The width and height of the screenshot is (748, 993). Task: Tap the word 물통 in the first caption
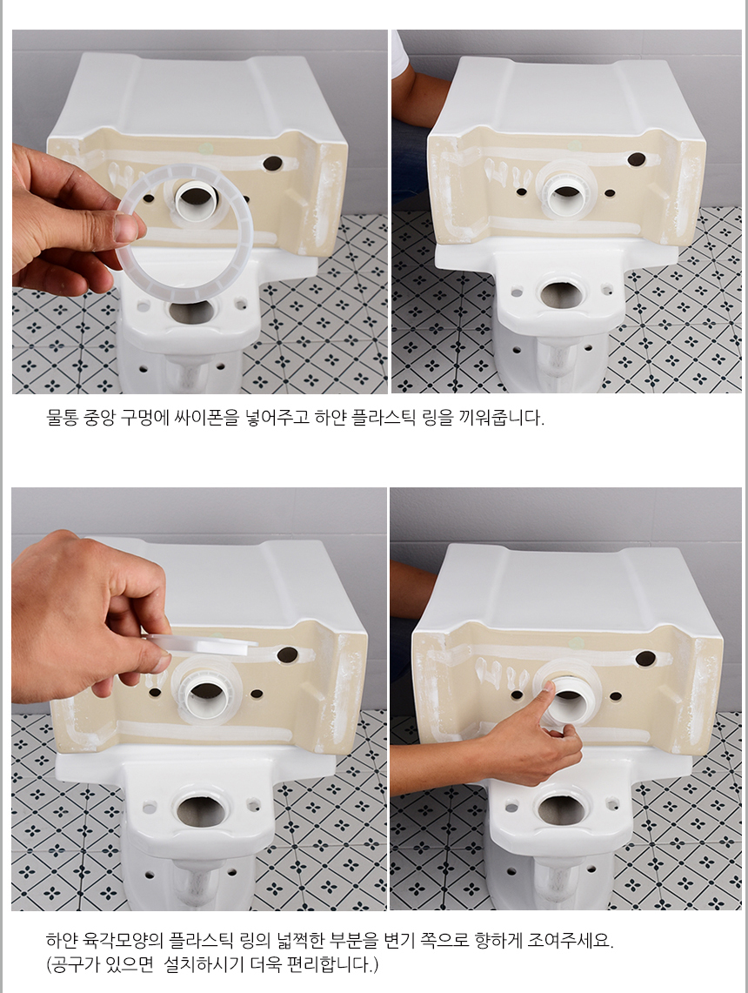pyautogui.click(x=62, y=418)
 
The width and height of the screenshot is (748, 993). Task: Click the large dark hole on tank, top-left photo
pyautogui.click(x=275, y=164)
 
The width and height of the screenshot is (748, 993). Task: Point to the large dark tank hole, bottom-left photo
pyautogui.click(x=288, y=654)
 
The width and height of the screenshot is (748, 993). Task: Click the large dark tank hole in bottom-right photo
pyautogui.click(x=645, y=660)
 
